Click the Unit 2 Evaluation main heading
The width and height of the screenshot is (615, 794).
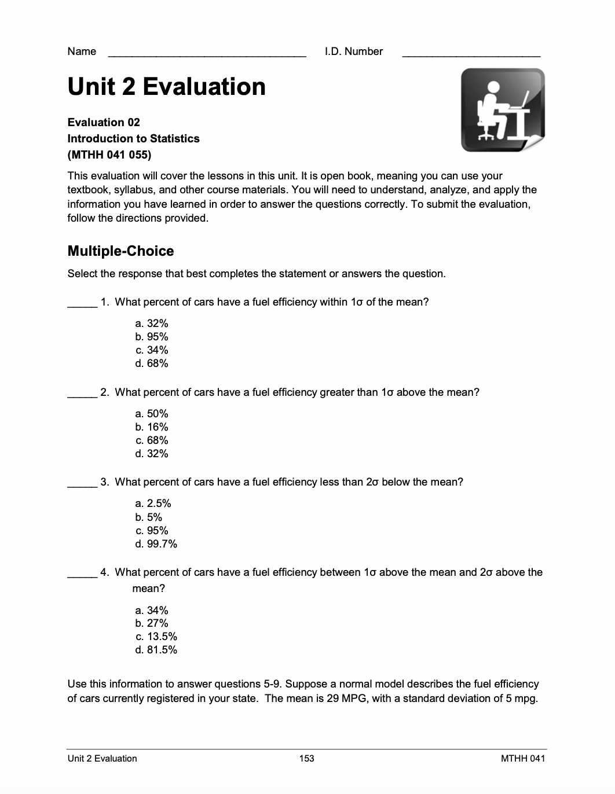pyautogui.click(x=167, y=87)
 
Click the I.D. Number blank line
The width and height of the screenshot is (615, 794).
pyautogui.click(x=471, y=54)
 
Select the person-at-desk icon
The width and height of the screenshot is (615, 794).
pyautogui.click(x=503, y=110)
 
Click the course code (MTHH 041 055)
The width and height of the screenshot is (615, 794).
pyautogui.click(x=109, y=155)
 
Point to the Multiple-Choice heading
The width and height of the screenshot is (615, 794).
pyautogui.click(x=120, y=251)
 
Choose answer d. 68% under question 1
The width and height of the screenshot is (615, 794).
pyautogui.click(x=152, y=363)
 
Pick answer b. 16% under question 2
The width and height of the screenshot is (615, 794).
pyautogui.click(x=152, y=427)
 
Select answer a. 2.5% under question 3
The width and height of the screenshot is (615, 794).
pyautogui.click(x=153, y=503)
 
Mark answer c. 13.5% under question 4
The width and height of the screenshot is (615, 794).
pyautogui.click(x=156, y=637)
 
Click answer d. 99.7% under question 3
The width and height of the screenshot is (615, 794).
pyautogui.click(x=156, y=544)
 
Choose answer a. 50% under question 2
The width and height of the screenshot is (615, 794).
pyautogui.click(x=152, y=414)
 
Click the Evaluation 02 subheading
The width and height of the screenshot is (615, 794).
pyautogui.click(x=104, y=122)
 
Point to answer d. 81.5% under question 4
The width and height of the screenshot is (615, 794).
pyautogui.click(x=156, y=650)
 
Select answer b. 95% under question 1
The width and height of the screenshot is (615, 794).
pyautogui.click(x=152, y=337)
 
